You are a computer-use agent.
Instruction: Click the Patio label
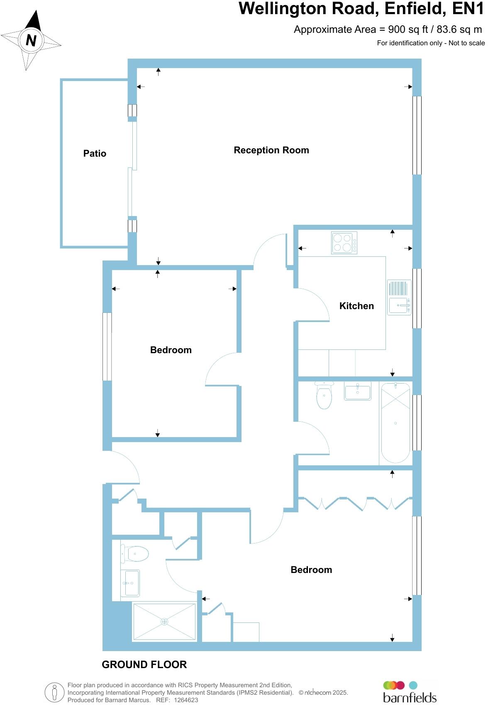coord(95,154)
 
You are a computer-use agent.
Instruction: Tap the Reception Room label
coord(271,150)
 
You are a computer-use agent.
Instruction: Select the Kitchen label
coord(356,306)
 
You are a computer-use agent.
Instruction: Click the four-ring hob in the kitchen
coord(344,243)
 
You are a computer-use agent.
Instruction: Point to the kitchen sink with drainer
coord(399,297)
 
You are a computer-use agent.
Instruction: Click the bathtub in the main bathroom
coord(395,423)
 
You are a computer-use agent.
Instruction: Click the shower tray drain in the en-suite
coord(164,622)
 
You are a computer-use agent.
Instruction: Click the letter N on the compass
coord(31,41)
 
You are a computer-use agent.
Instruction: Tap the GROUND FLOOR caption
coord(144,665)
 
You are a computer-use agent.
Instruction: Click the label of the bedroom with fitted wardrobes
coord(311,570)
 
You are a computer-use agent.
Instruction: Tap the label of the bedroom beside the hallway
coord(171,350)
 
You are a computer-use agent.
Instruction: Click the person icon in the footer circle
coord(55,693)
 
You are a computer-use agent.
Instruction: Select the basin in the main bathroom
coord(357,391)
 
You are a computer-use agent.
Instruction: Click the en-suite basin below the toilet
coord(131,583)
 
